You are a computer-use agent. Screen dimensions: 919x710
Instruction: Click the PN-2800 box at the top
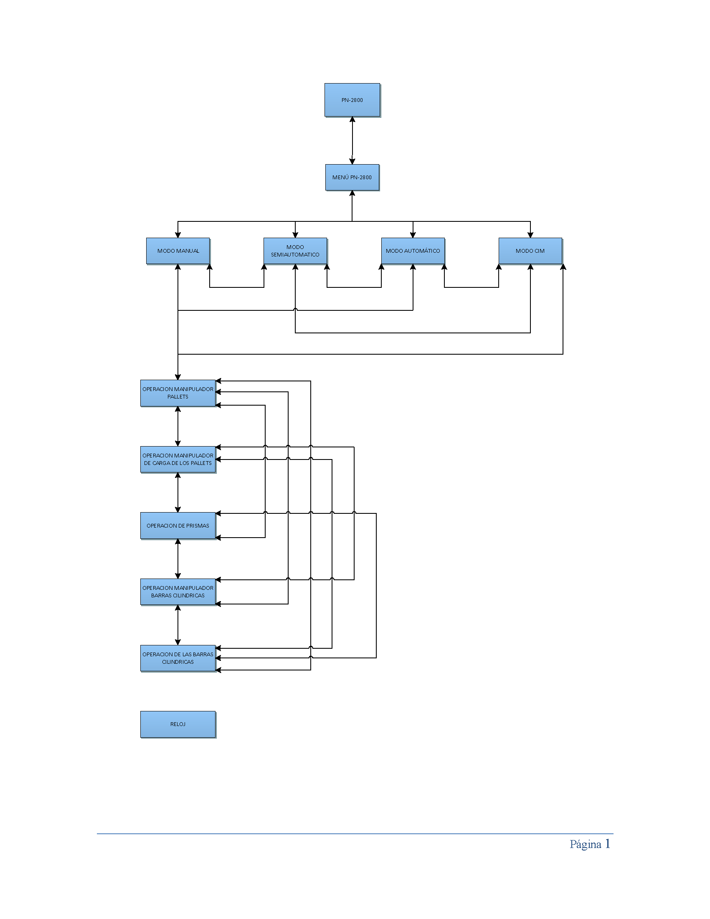click(352, 100)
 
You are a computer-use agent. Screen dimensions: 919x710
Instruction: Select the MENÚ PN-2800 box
click(352, 177)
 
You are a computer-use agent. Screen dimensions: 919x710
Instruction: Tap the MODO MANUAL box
click(178, 251)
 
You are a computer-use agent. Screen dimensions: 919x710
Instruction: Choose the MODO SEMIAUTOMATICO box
click(295, 251)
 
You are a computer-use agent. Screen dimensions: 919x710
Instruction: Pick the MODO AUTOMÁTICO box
click(413, 251)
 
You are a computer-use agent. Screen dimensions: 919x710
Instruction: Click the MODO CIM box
click(530, 251)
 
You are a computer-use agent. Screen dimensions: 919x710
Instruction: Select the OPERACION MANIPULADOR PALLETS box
click(178, 393)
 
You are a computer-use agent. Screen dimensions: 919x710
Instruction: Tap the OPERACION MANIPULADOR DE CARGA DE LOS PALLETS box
click(178, 459)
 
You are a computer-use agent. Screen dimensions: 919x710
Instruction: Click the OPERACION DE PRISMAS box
click(178, 526)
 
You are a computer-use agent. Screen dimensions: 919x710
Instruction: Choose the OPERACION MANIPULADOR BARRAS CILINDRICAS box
click(178, 592)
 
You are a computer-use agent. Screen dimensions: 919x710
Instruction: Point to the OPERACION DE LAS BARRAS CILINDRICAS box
click(178, 658)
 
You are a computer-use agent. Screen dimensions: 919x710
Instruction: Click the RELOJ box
click(178, 724)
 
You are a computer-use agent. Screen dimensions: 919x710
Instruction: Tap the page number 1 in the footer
click(607, 843)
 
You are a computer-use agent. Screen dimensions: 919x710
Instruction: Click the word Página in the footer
click(585, 844)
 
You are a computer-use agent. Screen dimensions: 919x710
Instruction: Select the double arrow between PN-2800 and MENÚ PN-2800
click(352, 140)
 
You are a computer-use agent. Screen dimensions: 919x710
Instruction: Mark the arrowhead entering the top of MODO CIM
click(530, 235)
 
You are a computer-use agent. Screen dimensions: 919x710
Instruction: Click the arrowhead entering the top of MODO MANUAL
click(178, 235)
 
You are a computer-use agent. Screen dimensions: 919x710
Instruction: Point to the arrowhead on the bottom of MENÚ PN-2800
click(352, 193)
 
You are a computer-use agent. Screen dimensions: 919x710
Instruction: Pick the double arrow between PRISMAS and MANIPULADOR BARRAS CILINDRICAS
click(178, 559)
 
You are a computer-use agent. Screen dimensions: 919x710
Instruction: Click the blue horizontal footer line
click(355, 834)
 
